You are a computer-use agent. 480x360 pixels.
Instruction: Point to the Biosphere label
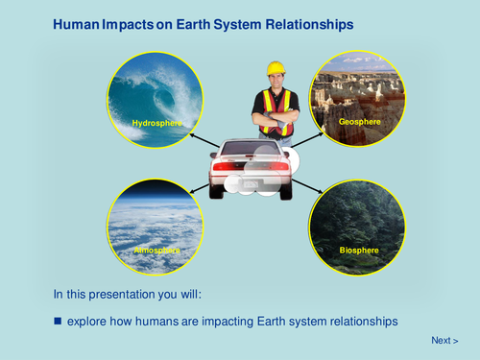point(358,251)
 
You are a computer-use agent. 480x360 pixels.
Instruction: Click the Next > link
point(444,341)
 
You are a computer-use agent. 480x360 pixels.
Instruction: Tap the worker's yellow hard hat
point(276,67)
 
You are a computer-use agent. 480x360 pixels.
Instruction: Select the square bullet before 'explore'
point(58,320)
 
